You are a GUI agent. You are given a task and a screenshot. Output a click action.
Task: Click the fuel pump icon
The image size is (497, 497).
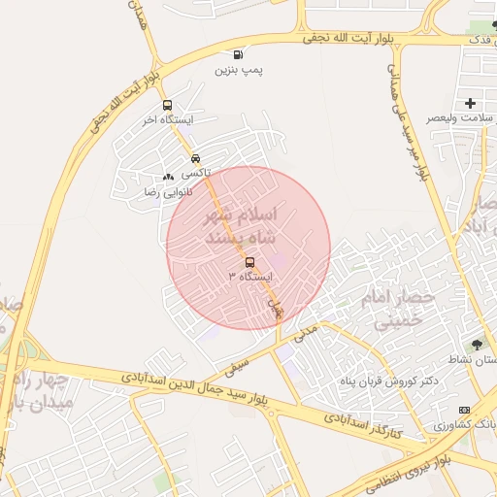(x=238, y=54)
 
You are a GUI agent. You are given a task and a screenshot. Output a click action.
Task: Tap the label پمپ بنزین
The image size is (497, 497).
(x=239, y=70)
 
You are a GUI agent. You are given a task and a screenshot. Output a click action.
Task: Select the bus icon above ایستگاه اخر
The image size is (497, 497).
(x=168, y=105)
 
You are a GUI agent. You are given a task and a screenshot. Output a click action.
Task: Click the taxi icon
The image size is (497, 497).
(x=196, y=157)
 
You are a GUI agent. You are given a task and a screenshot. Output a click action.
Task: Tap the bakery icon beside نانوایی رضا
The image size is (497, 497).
(x=169, y=177)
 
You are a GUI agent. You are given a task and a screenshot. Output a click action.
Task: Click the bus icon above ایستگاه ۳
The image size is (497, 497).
(x=250, y=262)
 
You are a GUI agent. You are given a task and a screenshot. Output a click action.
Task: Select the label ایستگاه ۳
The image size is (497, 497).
(x=250, y=278)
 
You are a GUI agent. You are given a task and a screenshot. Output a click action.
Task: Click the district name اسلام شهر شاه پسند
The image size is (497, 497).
(x=243, y=224)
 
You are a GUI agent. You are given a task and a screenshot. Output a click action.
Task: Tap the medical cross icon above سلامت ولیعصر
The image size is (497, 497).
(x=471, y=103)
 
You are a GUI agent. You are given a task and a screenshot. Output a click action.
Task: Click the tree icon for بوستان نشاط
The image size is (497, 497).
(x=476, y=344)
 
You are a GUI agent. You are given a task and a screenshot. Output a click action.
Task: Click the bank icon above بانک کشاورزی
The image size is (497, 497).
(x=463, y=410)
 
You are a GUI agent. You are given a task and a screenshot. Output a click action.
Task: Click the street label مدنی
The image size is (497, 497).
(x=305, y=332)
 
